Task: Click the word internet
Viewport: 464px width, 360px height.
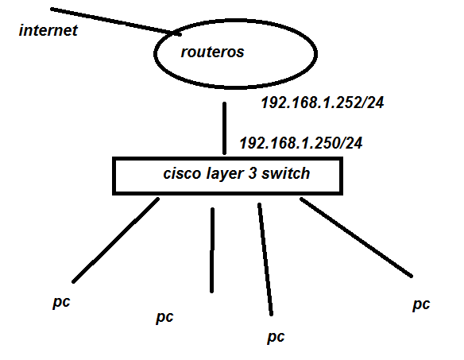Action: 49,31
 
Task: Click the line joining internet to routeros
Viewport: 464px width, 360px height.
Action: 111,21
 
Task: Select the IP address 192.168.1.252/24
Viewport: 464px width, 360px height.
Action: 323,103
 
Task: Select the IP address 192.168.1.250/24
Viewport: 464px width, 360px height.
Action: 301,143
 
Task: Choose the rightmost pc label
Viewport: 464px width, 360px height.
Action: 421,304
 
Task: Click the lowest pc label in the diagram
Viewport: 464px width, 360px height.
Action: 275,336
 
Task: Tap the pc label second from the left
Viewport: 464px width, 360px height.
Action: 164,317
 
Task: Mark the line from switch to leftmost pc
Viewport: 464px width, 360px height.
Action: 116,240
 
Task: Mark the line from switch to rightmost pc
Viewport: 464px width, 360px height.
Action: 357,237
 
